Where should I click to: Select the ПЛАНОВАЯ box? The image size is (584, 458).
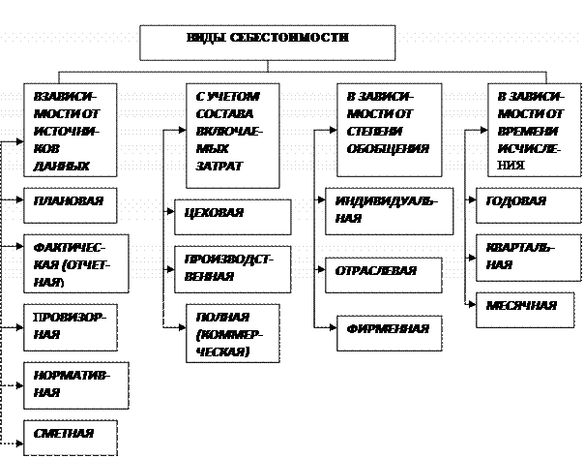(x=72, y=204)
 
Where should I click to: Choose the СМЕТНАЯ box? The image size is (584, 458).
(x=70, y=436)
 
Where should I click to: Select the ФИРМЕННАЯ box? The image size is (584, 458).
(x=388, y=330)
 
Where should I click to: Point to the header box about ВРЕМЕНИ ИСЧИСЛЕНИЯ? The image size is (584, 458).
(x=526, y=128)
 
